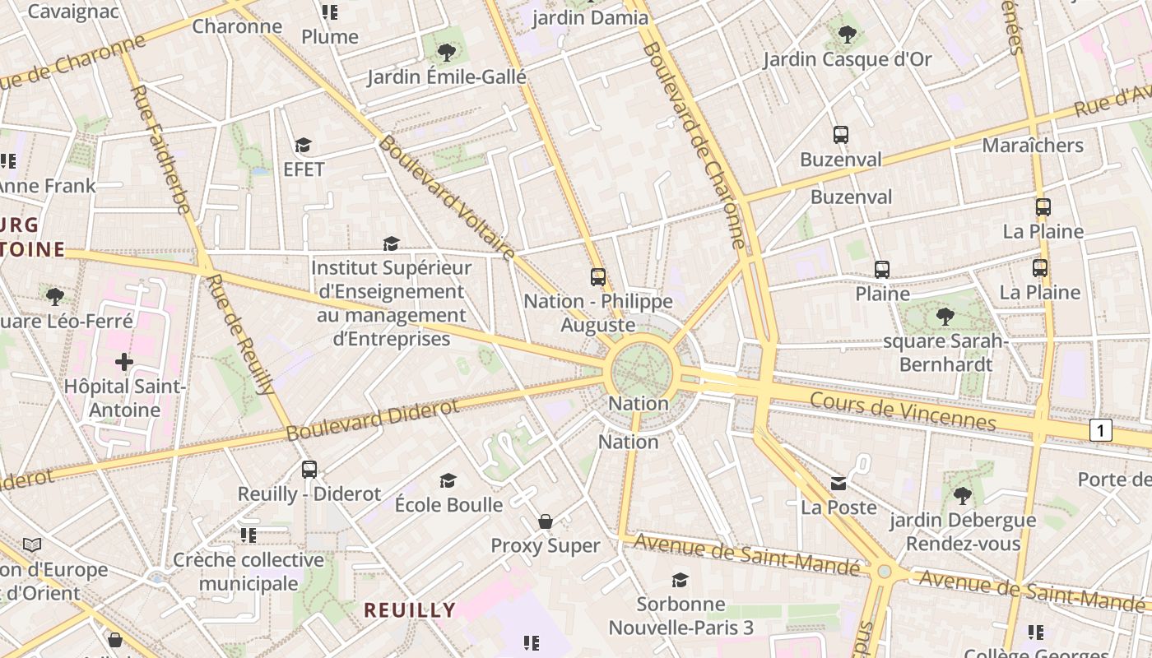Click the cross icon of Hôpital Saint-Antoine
[124, 362]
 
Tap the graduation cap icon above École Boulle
[448, 480]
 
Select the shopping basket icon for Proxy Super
[545, 521]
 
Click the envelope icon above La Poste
[838, 483]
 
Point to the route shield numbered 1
[1100, 429]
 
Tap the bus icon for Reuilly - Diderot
[309, 470]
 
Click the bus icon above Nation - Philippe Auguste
[598, 277]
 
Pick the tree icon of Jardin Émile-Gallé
[447, 53]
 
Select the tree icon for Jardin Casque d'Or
[847, 35]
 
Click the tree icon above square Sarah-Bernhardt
[945, 316]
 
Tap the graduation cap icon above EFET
[304, 146]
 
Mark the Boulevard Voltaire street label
[446, 197]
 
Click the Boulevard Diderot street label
[372, 419]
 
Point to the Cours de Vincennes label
[903, 410]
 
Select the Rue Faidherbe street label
[161, 150]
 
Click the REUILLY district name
[410, 610]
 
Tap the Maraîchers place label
[1033, 146]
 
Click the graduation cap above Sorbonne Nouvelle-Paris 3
[680, 580]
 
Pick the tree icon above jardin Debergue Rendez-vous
[962, 496]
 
